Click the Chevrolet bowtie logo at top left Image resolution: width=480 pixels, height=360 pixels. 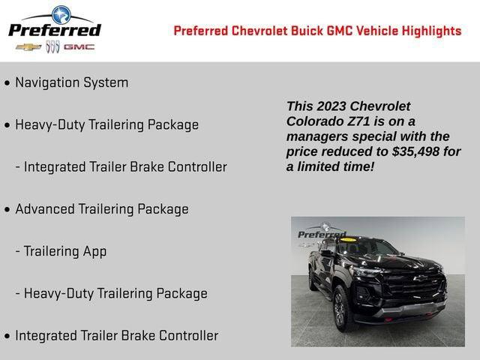[28, 46]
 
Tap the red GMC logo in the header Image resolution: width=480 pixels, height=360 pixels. [79, 46]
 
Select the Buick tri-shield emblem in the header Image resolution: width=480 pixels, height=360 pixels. [52, 46]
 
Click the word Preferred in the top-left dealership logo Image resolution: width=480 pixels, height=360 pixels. [54, 30]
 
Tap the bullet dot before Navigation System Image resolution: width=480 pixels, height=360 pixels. [7, 83]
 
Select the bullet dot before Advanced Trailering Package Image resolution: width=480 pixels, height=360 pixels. [7, 210]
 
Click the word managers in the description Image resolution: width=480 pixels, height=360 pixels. [318, 136]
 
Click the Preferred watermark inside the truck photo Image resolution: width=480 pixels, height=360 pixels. [322, 234]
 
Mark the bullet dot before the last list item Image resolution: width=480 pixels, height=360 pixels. [7, 337]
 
